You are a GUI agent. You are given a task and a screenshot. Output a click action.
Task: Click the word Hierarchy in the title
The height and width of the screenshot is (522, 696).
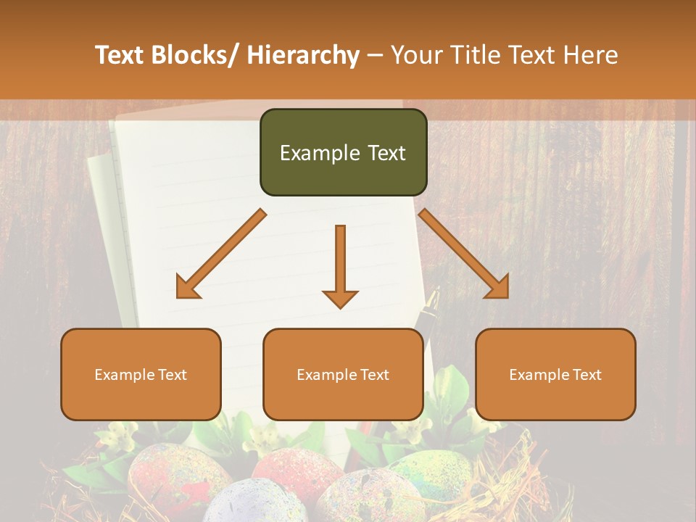(303, 55)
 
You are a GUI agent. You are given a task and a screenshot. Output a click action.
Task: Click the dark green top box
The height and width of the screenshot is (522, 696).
(343, 152)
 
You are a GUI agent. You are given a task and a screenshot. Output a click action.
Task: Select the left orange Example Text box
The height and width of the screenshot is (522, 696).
(141, 374)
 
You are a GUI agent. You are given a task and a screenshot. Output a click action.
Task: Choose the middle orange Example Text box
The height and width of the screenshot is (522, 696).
(343, 374)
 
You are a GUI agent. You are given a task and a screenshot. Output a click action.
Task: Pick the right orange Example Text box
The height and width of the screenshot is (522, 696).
(555, 374)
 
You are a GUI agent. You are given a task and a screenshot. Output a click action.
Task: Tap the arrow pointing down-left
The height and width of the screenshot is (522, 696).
(221, 254)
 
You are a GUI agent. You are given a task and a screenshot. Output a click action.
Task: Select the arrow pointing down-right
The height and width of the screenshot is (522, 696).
(464, 254)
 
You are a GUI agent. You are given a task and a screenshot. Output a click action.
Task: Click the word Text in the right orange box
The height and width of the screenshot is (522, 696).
(587, 375)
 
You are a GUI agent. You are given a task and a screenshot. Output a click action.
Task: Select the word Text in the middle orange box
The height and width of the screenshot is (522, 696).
(374, 375)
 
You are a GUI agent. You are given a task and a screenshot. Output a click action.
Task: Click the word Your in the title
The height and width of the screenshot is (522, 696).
(415, 55)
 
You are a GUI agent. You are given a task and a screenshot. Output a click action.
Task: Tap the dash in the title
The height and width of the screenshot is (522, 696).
(375, 55)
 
